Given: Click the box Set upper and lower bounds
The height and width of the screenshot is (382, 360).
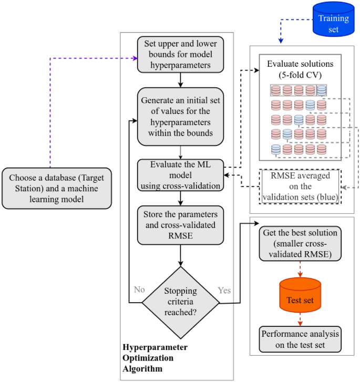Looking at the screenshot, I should [x=181, y=55].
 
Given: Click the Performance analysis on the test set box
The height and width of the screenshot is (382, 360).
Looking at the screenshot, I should [x=300, y=339].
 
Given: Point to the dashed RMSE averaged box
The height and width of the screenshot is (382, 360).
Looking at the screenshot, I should [x=300, y=187].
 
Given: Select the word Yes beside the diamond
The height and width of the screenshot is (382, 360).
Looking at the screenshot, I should [x=224, y=290].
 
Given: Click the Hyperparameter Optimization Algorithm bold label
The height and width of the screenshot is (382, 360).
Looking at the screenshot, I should [x=155, y=358].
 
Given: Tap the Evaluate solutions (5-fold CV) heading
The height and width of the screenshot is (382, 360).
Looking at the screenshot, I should [x=300, y=69].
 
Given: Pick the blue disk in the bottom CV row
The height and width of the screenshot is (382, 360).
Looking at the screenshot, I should [x=276, y=150].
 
